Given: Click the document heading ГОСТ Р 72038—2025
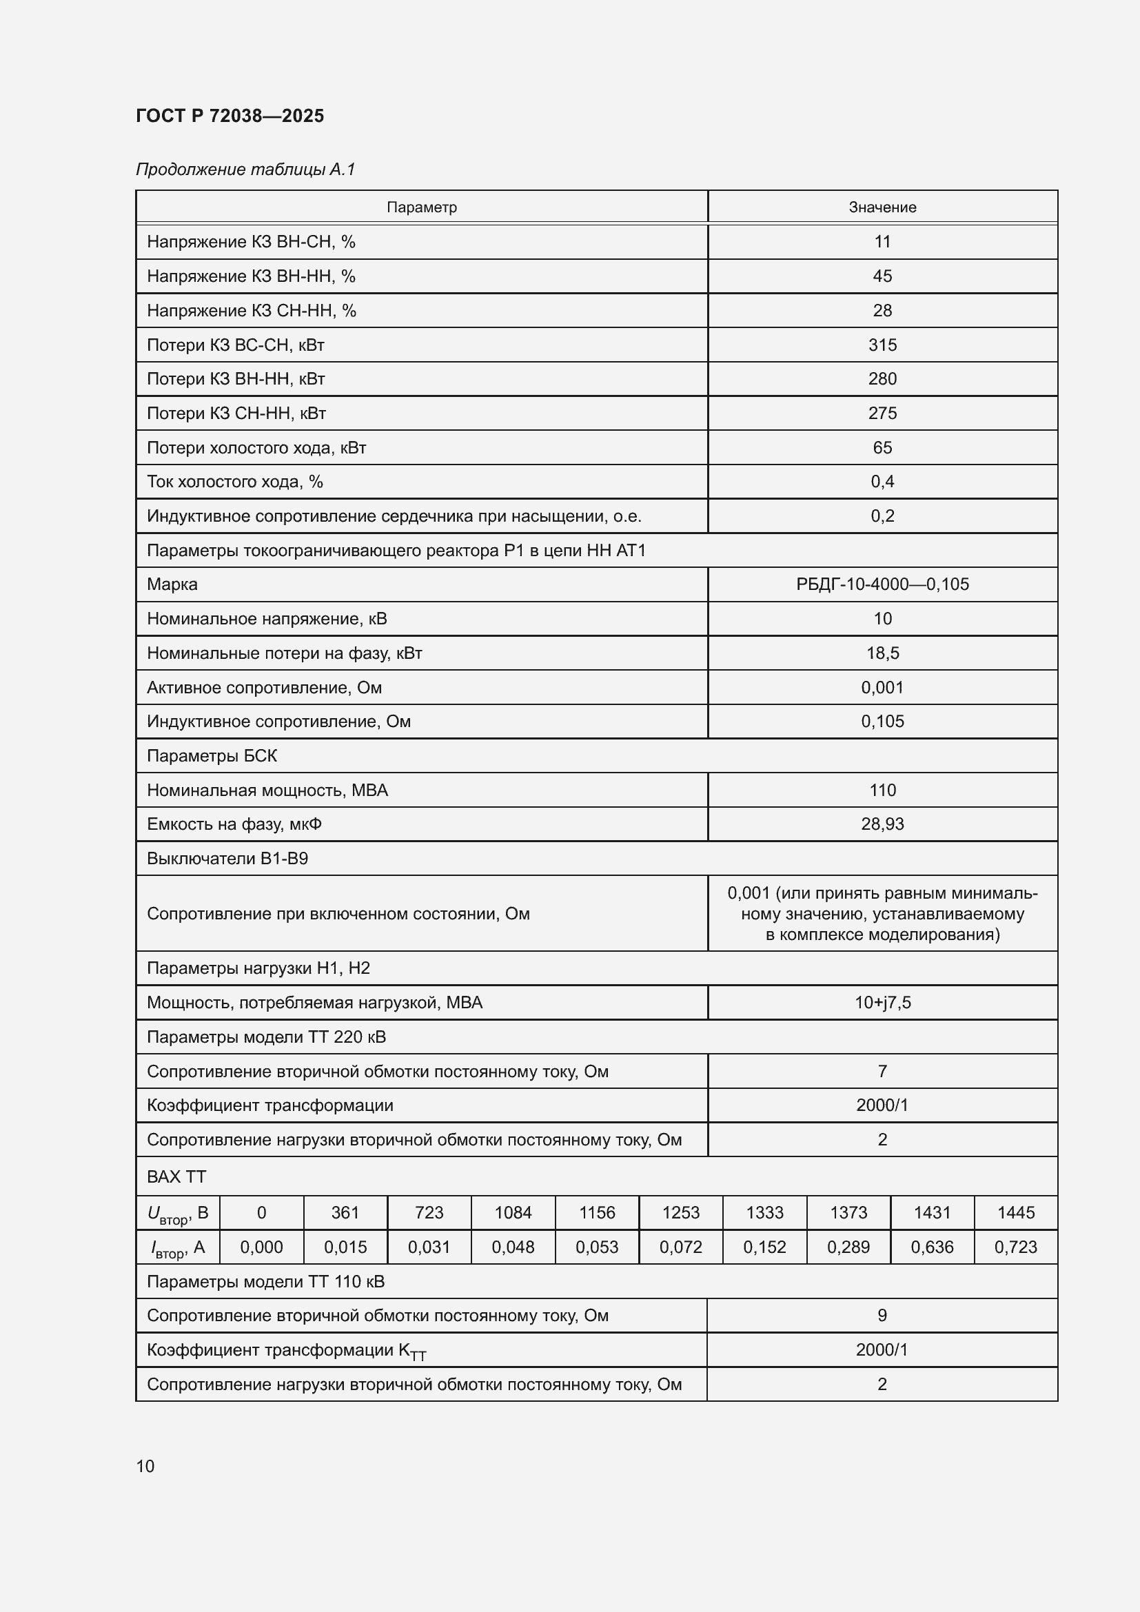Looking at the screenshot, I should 230,116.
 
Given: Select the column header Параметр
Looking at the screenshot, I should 421,207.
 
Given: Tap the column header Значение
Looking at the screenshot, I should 882,207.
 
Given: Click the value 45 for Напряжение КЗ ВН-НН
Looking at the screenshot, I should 882,276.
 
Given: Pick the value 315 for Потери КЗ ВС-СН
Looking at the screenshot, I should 882,345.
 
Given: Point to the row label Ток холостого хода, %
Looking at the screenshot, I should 234,482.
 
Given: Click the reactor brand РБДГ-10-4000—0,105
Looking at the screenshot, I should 882,584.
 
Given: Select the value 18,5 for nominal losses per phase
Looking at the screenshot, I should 882,653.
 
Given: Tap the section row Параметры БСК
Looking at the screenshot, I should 212,756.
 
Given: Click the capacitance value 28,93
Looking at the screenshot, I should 882,824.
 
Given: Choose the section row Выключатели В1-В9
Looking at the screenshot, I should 227,859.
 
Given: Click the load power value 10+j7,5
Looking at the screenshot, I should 882,1003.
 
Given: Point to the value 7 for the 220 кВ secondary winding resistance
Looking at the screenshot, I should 882,1072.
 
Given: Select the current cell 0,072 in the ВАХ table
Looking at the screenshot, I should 680,1247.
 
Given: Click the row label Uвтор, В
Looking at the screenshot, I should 178,1213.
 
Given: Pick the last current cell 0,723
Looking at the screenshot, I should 1015,1247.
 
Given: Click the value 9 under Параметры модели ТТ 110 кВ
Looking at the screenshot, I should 882,1315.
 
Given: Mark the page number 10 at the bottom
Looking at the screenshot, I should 145,1466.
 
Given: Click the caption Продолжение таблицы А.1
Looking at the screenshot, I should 245,170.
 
